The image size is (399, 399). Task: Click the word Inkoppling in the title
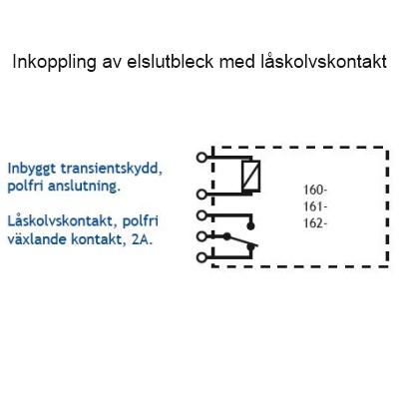(54, 62)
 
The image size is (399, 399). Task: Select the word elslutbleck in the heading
(170, 62)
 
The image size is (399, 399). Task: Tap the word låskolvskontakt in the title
(323, 62)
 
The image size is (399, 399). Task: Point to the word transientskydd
(112, 170)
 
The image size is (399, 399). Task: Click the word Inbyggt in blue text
(32, 170)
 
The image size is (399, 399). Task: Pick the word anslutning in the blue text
(84, 187)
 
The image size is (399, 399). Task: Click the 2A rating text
(142, 239)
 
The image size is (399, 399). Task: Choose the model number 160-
(315, 191)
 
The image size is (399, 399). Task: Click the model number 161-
(315, 206)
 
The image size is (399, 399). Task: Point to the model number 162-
(315, 223)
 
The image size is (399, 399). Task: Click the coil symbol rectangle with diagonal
(251, 177)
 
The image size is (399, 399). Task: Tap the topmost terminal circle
(201, 157)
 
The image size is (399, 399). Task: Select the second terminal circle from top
(201, 195)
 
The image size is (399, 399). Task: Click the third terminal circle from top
(201, 215)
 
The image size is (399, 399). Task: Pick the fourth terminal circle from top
(201, 236)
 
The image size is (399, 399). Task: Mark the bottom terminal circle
(201, 257)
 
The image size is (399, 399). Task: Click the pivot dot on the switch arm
(226, 236)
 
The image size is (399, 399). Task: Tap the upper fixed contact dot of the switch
(251, 226)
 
